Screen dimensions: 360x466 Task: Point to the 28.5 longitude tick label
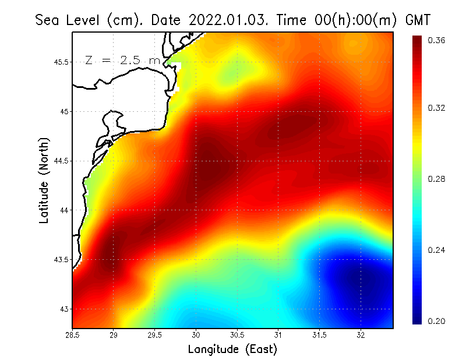pos(73,335)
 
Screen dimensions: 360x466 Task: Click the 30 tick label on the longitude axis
pos(196,335)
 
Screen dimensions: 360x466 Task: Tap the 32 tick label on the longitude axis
pos(361,335)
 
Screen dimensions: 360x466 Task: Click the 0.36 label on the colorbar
pos(437,40)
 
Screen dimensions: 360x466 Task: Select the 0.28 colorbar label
pos(437,179)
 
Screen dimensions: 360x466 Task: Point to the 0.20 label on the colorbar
pos(437,321)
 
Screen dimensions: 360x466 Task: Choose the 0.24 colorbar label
pos(437,250)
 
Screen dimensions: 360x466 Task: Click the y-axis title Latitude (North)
pos(44,181)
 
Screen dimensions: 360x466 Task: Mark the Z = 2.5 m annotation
pos(122,60)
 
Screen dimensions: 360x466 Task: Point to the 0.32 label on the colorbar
pos(437,108)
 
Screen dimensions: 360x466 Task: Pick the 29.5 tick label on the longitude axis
pos(155,335)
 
